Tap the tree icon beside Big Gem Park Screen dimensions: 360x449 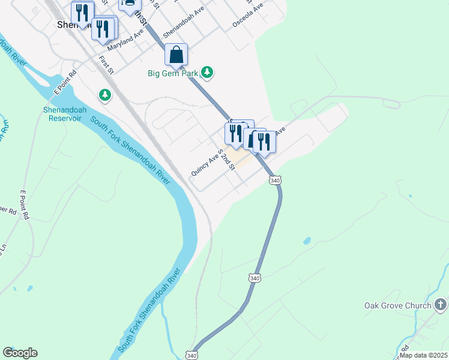[207, 73]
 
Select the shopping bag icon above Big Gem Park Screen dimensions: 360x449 [176, 55]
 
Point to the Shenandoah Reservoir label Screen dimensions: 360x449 [64, 114]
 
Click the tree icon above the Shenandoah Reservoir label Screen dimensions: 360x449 [105, 95]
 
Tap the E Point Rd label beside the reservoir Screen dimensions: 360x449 [65, 83]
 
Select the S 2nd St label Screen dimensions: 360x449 [226, 160]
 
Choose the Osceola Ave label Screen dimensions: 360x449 [248, 16]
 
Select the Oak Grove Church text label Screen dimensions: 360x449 [397, 305]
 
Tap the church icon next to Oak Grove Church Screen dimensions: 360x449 [441, 305]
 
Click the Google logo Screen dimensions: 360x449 [20, 353]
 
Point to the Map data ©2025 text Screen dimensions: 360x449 [424, 355]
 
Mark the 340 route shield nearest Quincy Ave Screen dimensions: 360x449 [275, 180]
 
